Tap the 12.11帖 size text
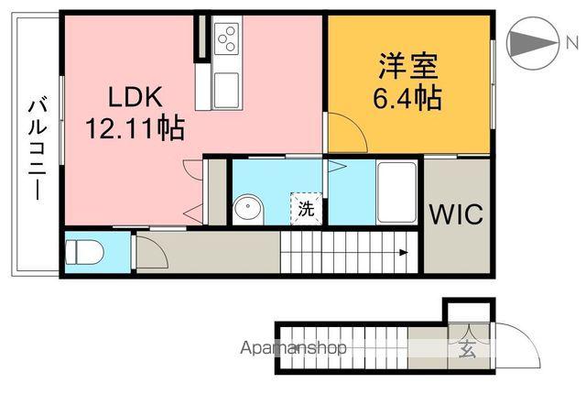(136, 126)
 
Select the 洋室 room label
(408, 67)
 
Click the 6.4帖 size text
(408, 97)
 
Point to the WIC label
(457, 215)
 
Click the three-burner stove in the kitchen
(226, 39)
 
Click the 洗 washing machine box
(306, 208)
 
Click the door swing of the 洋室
(349, 135)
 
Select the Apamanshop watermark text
(293, 348)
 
